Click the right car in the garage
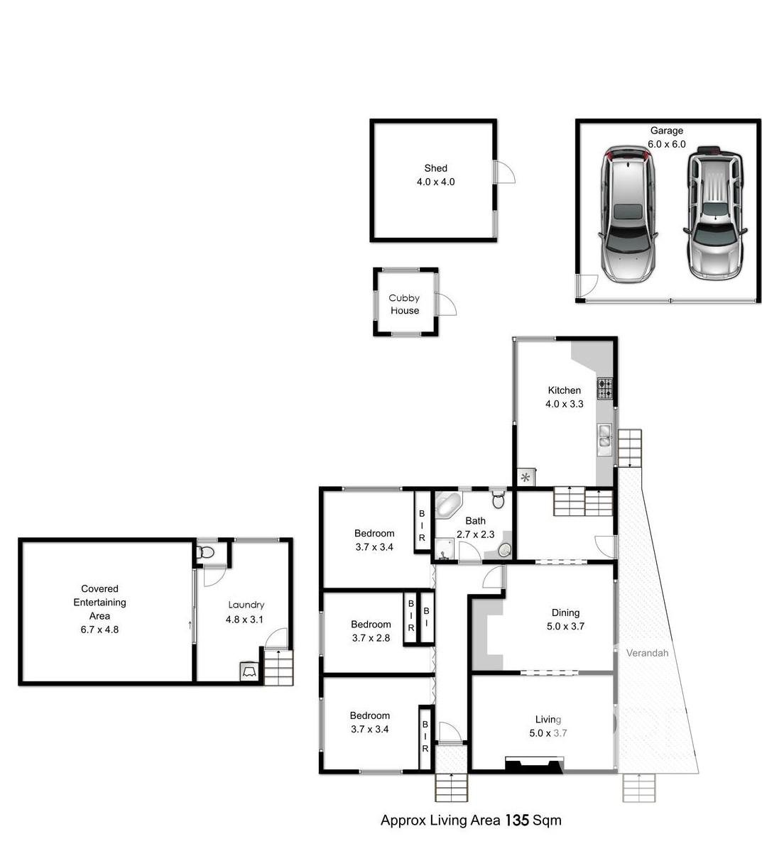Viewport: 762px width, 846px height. tap(715, 213)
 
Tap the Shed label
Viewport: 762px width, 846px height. tap(435, 168)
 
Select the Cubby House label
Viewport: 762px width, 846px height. tap(404, 304)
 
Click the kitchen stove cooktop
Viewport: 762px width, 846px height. tap(604, 388)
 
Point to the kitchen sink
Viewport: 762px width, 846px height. tap(604, 438)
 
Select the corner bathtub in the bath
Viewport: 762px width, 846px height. tap(448, 505)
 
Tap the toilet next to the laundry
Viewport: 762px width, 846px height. tap(206, 552)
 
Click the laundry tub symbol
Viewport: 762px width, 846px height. tap(249, 671)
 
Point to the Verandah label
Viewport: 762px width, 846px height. tap(647, 653)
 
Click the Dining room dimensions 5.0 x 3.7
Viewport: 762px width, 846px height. tap(565, 626)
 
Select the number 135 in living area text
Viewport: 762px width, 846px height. tap(517, 820)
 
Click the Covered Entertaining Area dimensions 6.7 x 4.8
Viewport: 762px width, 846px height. tap(99, 629)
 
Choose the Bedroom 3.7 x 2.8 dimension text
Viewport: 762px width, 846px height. tap(371, 638)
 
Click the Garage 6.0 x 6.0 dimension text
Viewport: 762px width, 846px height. tap(666, 144)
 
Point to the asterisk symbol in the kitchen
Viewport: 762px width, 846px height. tap(526, 477)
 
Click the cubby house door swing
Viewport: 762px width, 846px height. tap(447, 305)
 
